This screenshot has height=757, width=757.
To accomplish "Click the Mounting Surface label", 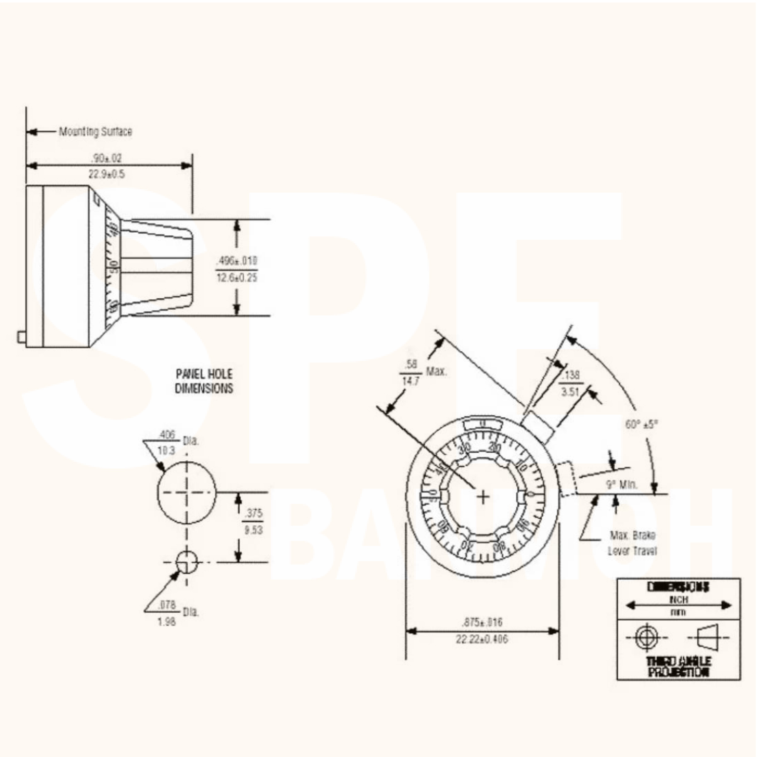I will click(95, 132).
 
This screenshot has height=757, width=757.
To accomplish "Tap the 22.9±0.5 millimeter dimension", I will click(106, 175).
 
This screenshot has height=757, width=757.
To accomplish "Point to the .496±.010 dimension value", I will click(237, 261).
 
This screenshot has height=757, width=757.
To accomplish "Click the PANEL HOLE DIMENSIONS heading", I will click(204, 381).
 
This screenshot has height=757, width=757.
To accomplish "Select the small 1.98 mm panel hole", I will click(187, 562).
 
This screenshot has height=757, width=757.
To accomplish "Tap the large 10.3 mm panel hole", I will click(187, 492).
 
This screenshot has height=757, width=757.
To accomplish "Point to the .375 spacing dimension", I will click(253, 513).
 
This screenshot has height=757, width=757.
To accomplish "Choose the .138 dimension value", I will click(571, 375).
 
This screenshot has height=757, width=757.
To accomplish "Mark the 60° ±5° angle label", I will click(641, 424).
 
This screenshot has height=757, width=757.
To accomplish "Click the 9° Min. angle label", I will click(622, 485).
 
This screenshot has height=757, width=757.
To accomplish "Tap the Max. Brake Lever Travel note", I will click(632, 543).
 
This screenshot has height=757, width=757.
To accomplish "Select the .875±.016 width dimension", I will click(482, 622).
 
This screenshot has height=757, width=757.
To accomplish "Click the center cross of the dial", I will click(483, 497).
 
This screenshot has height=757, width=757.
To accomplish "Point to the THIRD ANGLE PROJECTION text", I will click(679, 667).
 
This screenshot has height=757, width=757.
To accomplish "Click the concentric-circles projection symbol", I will click(645, 637).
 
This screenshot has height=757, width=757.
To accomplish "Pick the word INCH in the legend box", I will click(679, 600).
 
